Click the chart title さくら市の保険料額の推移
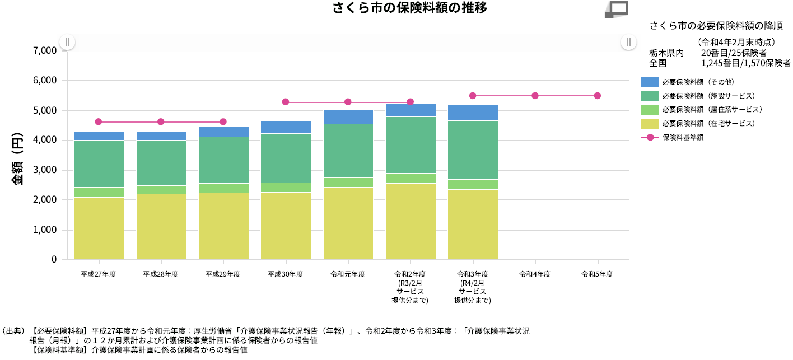(409, 8)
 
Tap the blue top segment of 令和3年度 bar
(473, 113)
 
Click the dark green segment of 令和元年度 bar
(348, 151)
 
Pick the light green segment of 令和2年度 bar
(411, 178)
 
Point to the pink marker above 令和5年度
(598, 96)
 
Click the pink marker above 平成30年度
(286, 102)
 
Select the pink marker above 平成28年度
(161, 122)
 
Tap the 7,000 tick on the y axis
(45, 51)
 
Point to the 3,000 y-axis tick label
(45, 170)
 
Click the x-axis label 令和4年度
(535, 274)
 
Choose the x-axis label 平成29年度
(223, 274)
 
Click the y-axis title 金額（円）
(17, 160)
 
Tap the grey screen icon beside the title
(617, 10)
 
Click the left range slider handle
(67, 42)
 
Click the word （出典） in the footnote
(12, 331)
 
